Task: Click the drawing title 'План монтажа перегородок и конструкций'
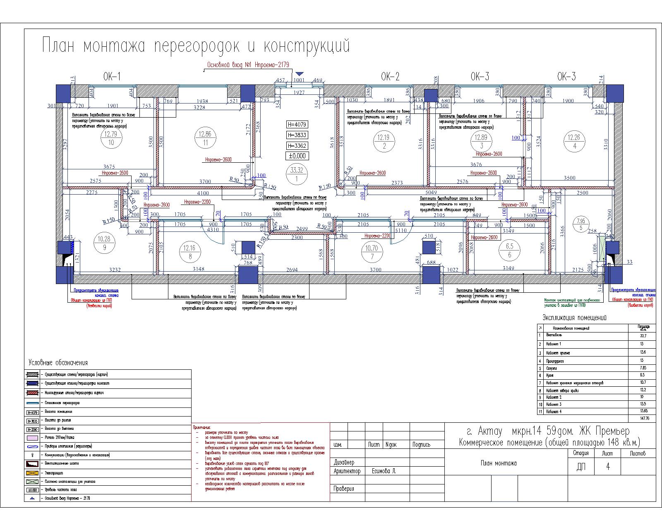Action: click(x=196, y=46)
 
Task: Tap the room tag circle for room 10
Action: click(x=111, y=138)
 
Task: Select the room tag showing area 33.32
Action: click(x=297, y=174)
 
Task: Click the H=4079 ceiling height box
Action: click(x=297, y=125)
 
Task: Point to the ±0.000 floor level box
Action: click(x=297, y=156)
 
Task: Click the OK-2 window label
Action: click(x=390, y=77)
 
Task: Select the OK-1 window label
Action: click(x=112, y=77)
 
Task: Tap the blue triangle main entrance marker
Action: click(x=299, y=74)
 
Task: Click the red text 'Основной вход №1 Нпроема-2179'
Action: click(x=248, y=65)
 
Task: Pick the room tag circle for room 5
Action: click(x=581, y=224)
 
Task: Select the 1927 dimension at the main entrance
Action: click(x=299, y=93)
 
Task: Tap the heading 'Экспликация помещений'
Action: click(x=574, y=318)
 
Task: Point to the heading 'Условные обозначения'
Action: click(x=58, y=363)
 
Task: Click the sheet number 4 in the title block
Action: click(x=608, y=467)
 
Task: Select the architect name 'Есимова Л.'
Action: click(x=385, y=471)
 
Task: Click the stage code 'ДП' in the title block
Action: click(x=581, y=467)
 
